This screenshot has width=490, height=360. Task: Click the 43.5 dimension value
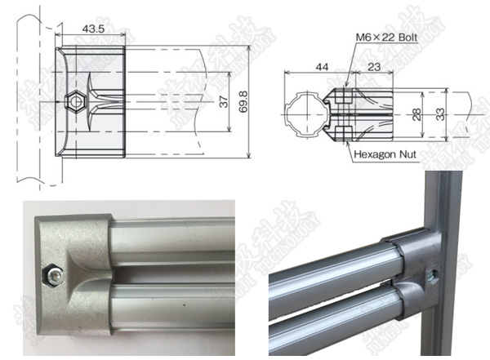[x=93, y=29]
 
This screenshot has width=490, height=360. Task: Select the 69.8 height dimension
[x=243, y=102]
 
